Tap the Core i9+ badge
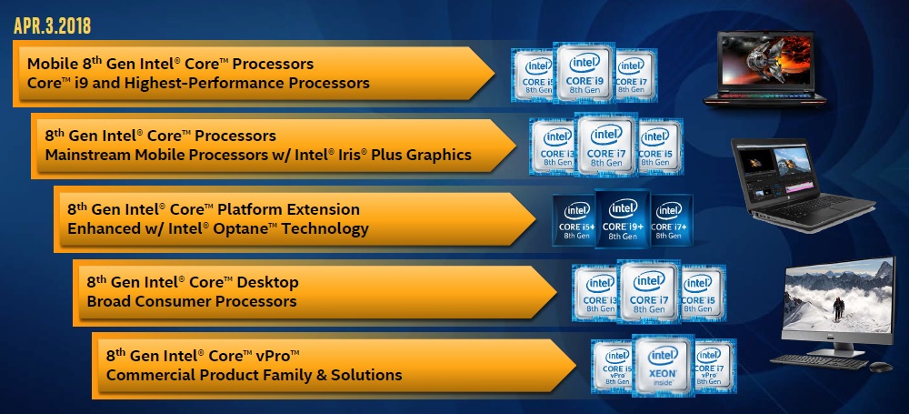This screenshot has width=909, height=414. [622, 219]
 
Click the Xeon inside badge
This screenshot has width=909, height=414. [663, 368]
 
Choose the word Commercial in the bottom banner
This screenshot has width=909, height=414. [146, 374]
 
